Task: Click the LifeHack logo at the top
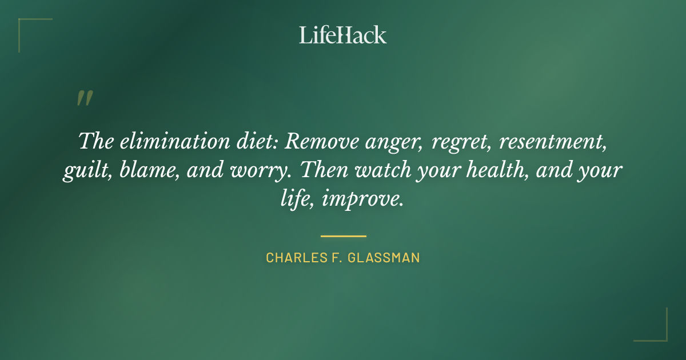343,35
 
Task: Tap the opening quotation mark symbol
85,99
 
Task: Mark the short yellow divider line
343,235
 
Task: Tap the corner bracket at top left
26,26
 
